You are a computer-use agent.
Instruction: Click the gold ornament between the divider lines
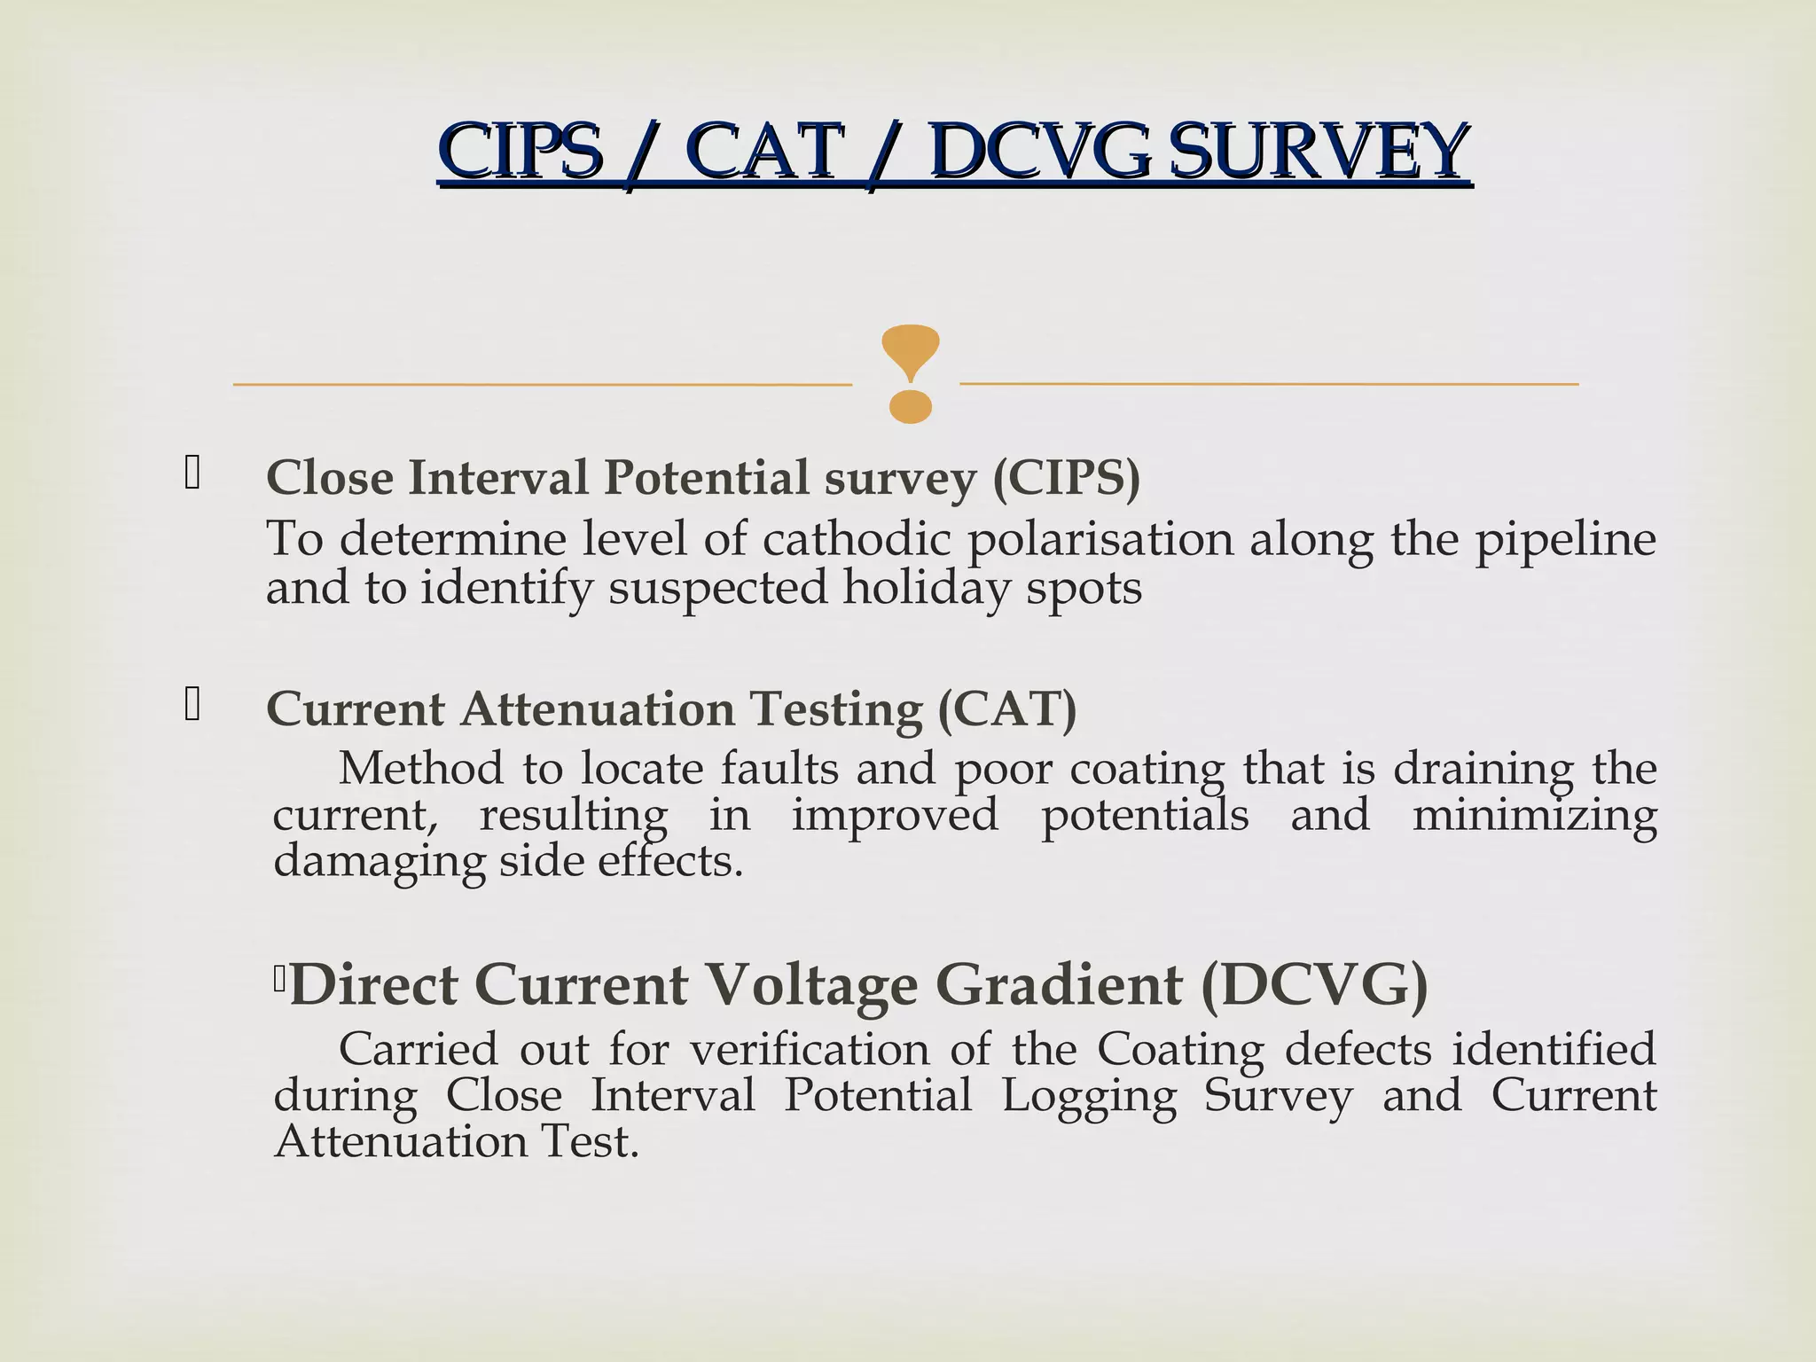(910, 372)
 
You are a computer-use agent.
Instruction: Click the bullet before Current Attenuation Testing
(192, 704)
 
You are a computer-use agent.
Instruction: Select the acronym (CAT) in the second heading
(1007, 709)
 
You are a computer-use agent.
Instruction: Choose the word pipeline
(1565, 539)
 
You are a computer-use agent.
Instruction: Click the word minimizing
(1534, 816)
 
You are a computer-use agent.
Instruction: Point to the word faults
(779, 768)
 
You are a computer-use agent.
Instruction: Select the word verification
(810, 1049)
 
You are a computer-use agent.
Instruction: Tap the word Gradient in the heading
(1059, 984)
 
